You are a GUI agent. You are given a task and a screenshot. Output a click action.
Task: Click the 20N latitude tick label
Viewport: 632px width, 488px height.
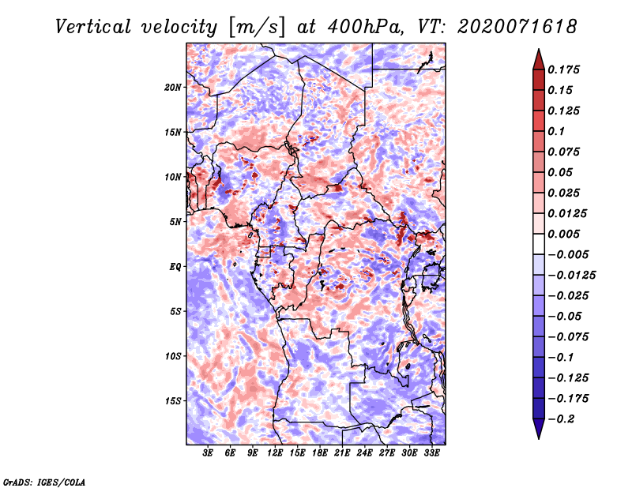pyautogui.click(x=173, y=88)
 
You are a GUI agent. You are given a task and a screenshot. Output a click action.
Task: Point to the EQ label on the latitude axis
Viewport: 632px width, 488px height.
pyautogui.click(x=175, y=267)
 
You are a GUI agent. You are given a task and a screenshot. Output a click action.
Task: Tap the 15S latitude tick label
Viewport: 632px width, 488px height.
pyautogui.click(x=173, y=401)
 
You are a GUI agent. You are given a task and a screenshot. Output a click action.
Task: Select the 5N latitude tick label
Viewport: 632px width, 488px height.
pyautogui.click(x=175, y=222)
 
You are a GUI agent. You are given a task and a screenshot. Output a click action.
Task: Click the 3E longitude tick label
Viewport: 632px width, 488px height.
pyautogui.click(x=208, y=453)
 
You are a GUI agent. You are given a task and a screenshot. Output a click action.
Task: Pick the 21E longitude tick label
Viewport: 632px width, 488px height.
pyautogui.click(x=342, y=453)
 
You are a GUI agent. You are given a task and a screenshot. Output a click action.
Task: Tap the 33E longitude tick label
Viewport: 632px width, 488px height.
pyautogui.click(x=431, y=453)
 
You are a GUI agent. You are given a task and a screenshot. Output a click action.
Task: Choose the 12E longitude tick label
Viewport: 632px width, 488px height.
pyautogui.click(x=275, y=453)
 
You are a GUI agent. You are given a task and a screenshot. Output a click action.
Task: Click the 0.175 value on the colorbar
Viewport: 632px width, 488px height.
pyautogui.click(x=563, y=69)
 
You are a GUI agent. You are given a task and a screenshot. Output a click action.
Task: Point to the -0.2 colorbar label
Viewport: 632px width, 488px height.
pyautogui.click(x=561, y=419)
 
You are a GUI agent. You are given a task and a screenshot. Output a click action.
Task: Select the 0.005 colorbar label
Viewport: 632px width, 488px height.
pyautogui.click(x=563, y=234)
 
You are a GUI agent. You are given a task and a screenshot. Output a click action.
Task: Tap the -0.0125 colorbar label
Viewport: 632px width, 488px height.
pyautogui.click(x=571, y=276)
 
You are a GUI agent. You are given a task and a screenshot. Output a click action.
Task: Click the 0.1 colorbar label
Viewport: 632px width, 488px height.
pyautogui.click(x=556, y=131)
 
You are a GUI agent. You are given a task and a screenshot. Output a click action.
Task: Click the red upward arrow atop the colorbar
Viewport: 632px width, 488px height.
pyautogui.click(x=539, y=60)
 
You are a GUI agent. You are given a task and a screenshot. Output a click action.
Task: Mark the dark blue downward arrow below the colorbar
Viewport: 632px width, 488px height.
pyautogui.click(x=539, y=429)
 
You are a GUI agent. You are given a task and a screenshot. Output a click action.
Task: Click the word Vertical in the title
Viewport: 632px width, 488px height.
pyautogui.click(x=92, y=27)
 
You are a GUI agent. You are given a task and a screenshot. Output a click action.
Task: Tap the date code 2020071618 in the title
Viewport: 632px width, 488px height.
pyautogui.click(x=517, y=27)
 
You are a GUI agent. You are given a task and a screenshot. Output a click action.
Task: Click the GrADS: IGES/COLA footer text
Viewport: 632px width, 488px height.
pyautogui.click(x=44, y=482)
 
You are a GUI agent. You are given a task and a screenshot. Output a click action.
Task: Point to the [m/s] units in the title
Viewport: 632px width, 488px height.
pyautogui.click(x=257, y=28)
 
